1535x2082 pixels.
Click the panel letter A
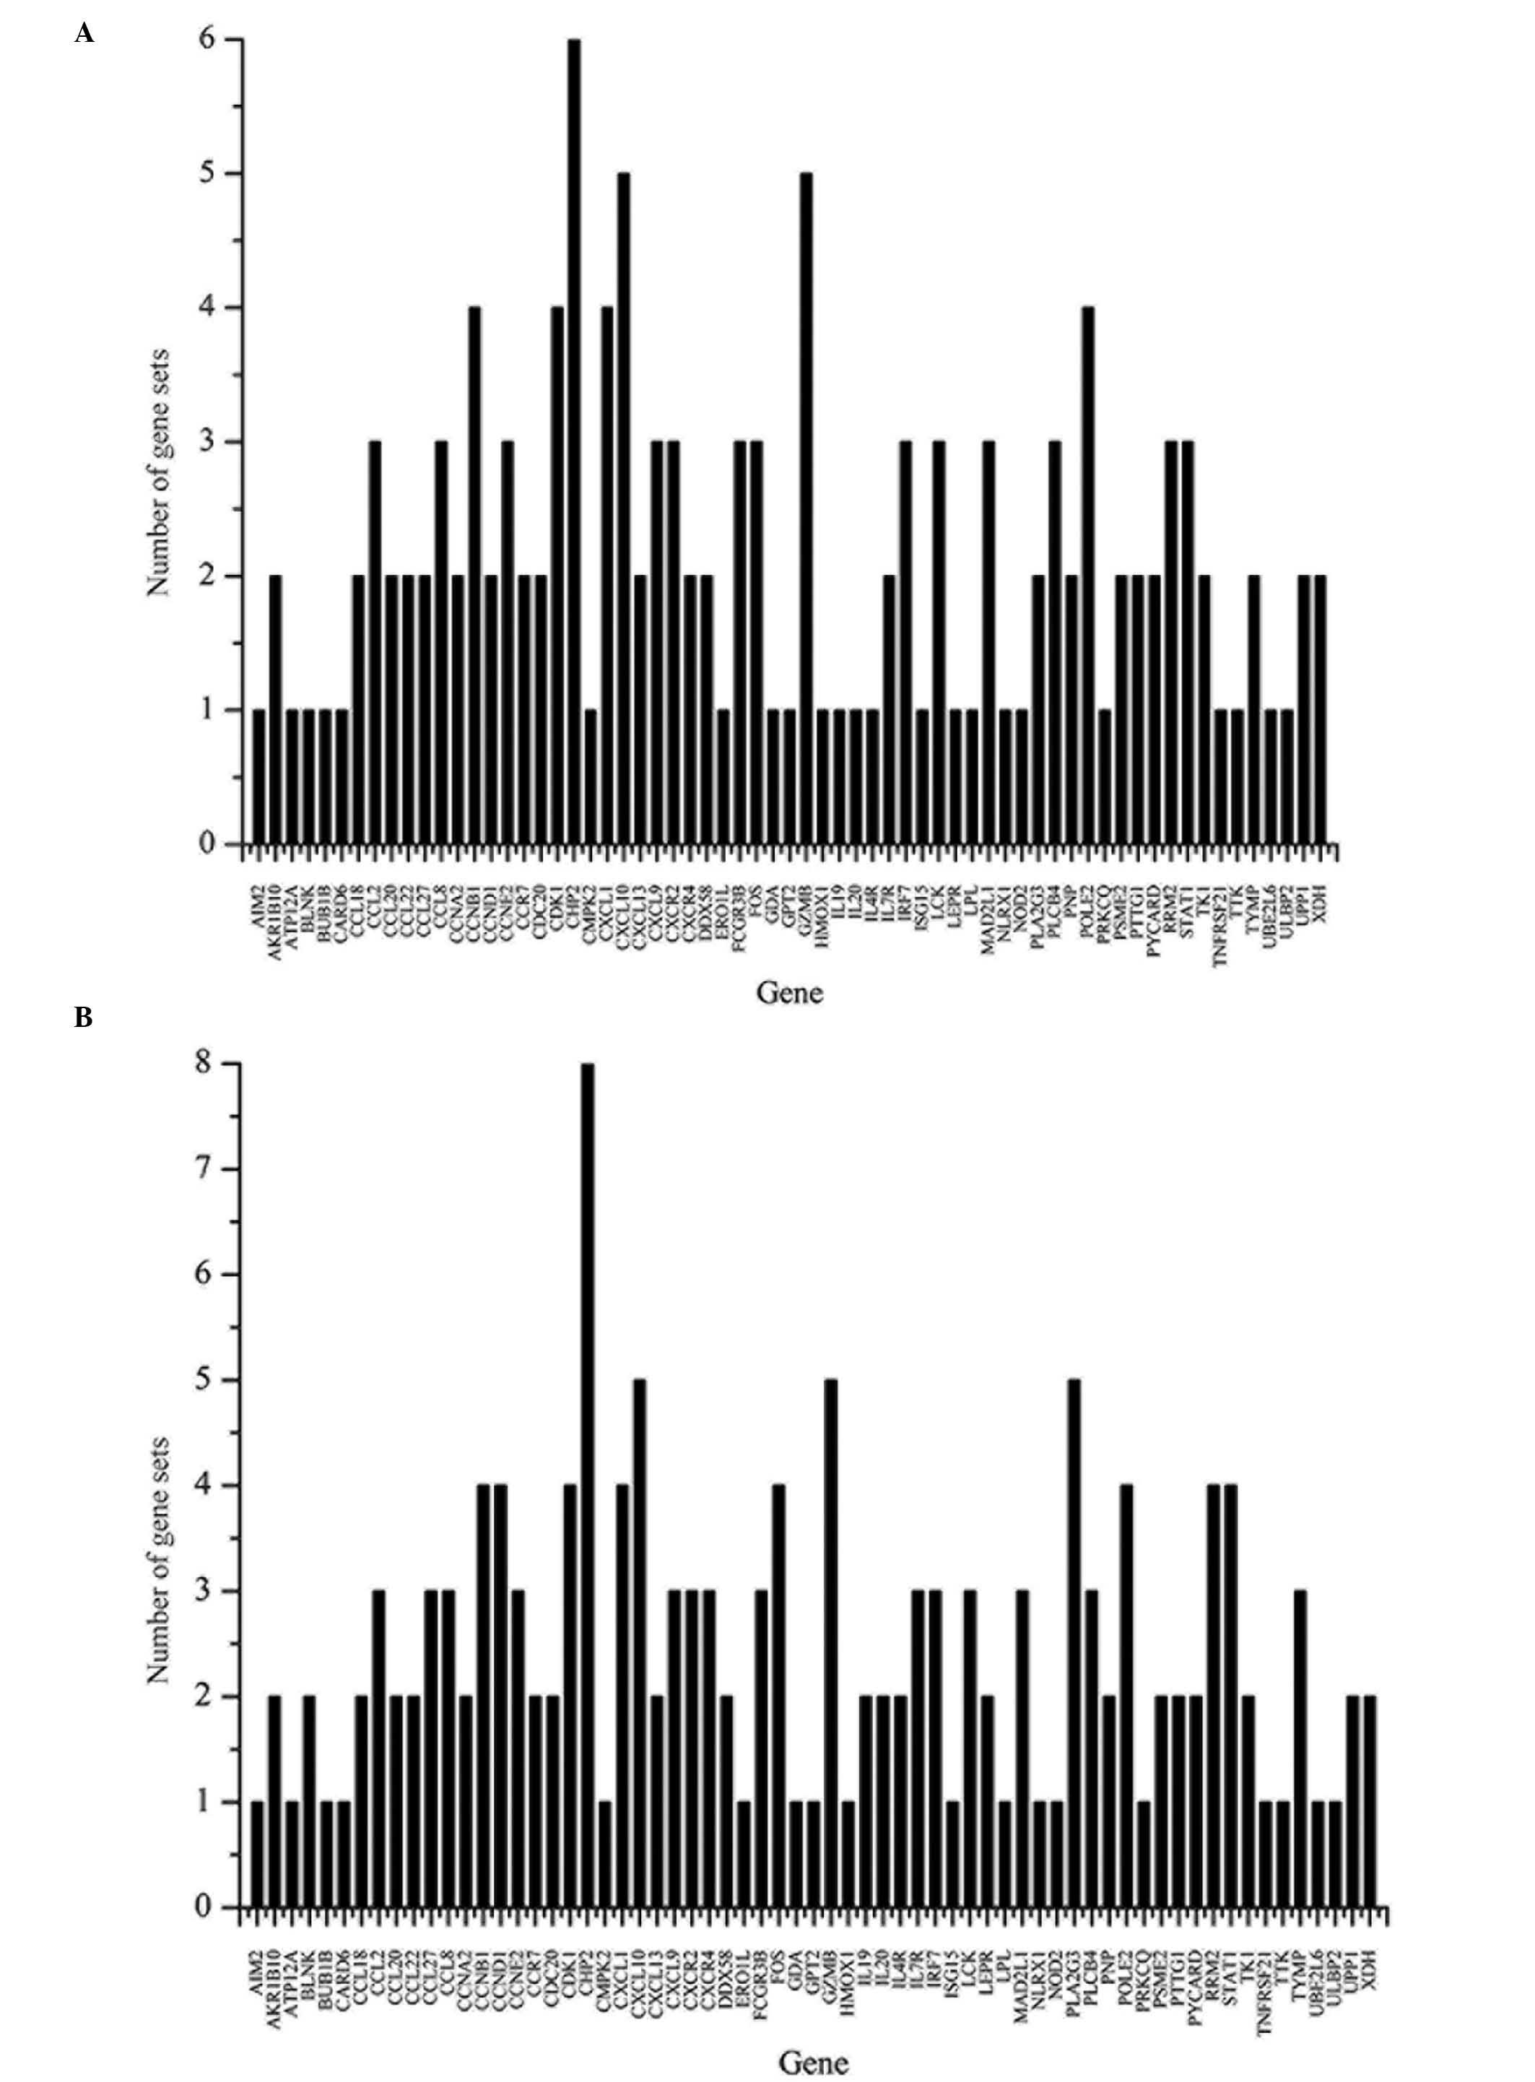(x=84, y=35)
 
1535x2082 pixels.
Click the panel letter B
(x=84, y=1019)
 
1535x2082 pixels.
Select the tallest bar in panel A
(x=574, y=441)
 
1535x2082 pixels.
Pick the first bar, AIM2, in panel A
(x=259, y=777)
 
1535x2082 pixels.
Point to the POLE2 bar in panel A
(x=1088, y=576)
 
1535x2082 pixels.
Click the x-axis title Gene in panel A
(x=790, y=993)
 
